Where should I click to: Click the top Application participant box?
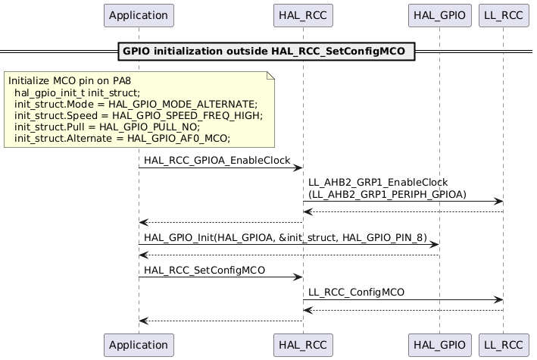point(139,15)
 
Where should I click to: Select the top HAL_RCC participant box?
point(303,15)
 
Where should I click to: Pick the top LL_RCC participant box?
point(503,15)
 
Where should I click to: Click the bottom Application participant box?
point(139,344)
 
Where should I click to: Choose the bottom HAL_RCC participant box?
point(303,344)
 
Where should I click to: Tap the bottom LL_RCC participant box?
point(503,344)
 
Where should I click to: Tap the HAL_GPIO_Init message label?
point(285,237)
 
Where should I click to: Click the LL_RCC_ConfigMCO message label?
point(356,292)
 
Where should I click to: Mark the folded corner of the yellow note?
point(269,75)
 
